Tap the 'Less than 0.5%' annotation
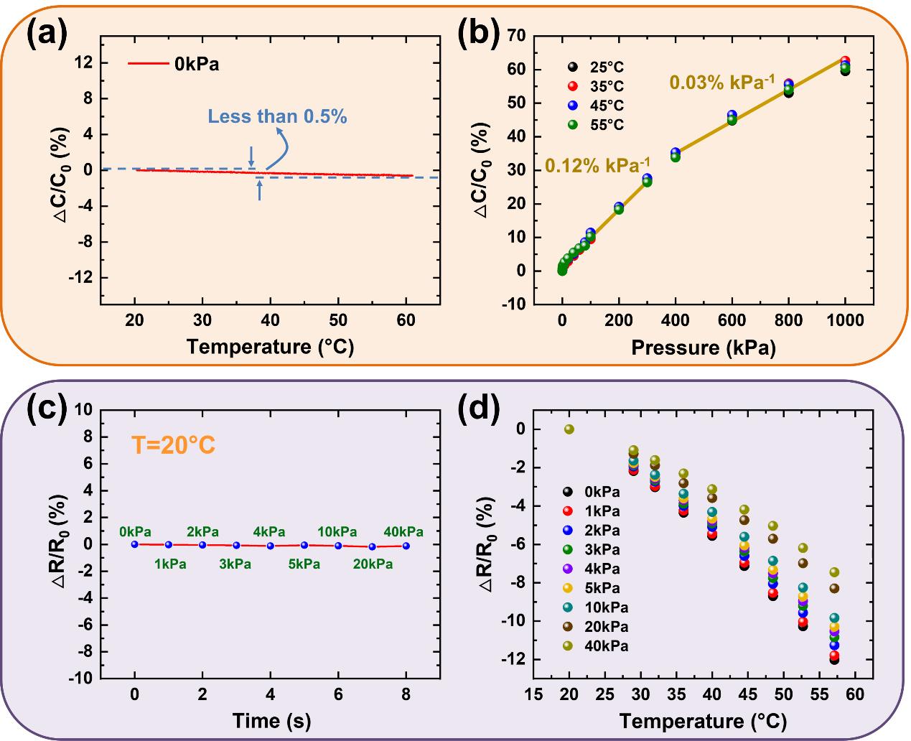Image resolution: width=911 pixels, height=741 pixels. [x=277, y=116]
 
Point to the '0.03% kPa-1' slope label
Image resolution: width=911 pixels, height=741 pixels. [x=722, y=82]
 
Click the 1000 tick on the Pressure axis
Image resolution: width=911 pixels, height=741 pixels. [x=845, y=321]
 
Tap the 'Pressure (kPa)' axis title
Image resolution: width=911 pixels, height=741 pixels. [x=704, y=348]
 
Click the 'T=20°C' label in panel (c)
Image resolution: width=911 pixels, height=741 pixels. [x=173, y=446]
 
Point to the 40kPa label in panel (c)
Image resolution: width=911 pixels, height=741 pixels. [x=403, y=532]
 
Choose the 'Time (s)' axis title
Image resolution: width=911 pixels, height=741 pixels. [x=271, y=719]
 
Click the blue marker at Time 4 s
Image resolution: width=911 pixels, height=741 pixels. [x=270, y=546]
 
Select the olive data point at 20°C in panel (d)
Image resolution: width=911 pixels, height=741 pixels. [x=569, y=429]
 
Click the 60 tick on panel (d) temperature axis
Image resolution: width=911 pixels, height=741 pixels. [x=854, y=695]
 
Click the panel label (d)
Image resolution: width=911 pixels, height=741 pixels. [x=478, y=409]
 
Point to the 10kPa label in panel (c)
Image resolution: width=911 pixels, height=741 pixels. [x=337, y=532]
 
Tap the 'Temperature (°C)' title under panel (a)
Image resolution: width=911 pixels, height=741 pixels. [x=270, y=347]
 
